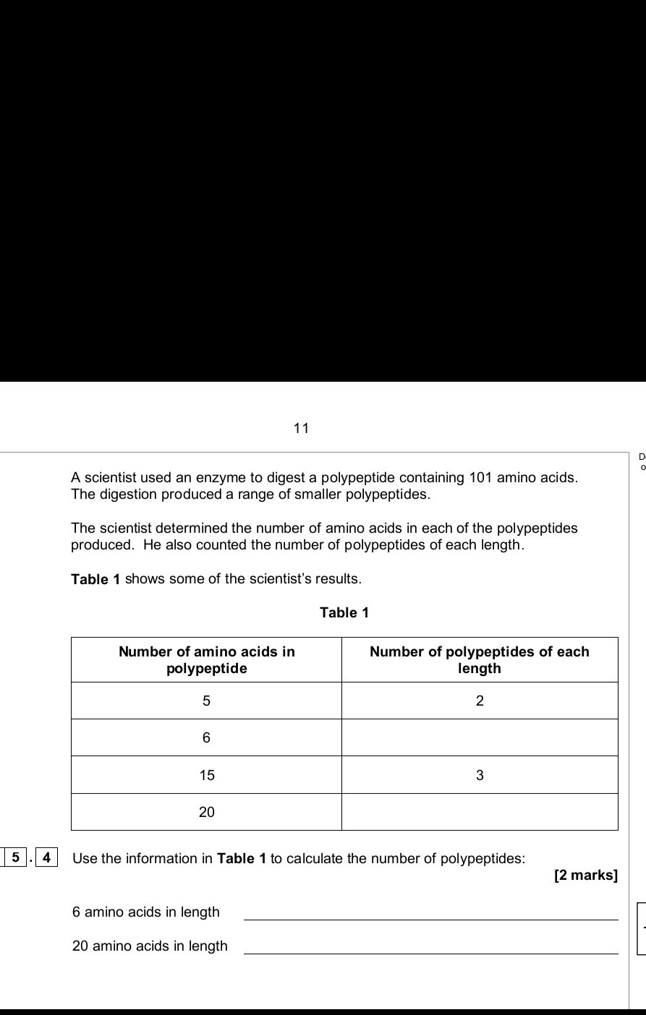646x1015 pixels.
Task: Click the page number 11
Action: [x=301, y=428]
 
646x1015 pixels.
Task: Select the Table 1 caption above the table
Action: [x=344, y=613]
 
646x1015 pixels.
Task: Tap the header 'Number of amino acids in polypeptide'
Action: [x=207, y=660]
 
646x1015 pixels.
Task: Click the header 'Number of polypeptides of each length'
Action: [x=480, y=660]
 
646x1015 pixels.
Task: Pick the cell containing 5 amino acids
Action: [x=207, y=701]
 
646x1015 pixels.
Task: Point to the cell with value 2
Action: [x=480, y=701]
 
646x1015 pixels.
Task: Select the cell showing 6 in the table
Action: [x=207, y=738]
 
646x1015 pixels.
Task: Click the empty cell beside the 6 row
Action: [x=480, y=738]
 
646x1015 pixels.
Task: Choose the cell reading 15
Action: [x=207, y=776]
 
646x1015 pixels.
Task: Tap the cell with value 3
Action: [x=480, y=776]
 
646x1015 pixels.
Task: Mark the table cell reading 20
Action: [x=207, y=813]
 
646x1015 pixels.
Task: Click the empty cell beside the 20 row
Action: [x=480, y=813]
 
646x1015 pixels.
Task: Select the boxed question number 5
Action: [x=14, y=858]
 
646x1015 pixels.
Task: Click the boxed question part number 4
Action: [x=46, y=858]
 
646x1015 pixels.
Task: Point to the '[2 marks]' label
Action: [x=585, y=876]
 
